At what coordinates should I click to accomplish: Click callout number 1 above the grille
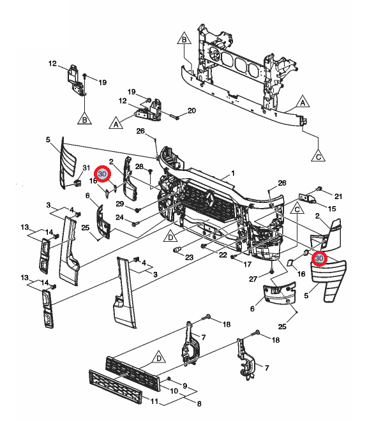(x=233, y=173)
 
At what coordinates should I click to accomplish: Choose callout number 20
(x=191, y=110)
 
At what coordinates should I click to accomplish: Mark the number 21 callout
(x=339, y=196)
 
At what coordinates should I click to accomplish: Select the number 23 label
(x=189, y=257)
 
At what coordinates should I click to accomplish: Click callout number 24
(x=119, y=217)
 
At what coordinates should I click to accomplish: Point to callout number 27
(x=252, y=279)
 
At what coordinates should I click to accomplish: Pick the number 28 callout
(x=139, y=166)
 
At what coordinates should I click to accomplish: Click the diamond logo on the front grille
(x=209, y=203)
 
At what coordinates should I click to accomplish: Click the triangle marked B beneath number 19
(x=84, y=118)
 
